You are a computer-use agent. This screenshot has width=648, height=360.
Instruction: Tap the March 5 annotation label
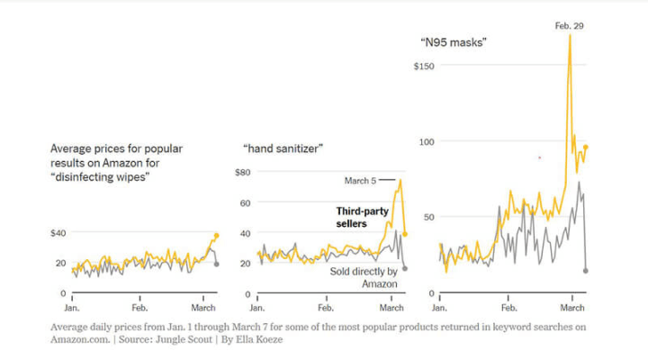[x=360, y=181]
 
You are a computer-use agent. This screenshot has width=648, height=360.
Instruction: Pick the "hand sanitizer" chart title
[x=283, y=147]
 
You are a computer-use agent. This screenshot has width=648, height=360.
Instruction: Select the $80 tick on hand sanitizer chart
[x=242, y=172]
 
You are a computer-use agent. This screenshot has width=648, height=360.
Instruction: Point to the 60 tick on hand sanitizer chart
[x=244, y=202]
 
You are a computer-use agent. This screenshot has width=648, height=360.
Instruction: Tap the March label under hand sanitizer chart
[x=392, y=308]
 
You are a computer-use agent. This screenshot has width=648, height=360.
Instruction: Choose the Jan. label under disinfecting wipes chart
[x=73, y=308]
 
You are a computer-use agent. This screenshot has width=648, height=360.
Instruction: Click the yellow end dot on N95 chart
[x=586, y=147]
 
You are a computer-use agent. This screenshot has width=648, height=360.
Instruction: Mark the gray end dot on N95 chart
[x=586, y=270]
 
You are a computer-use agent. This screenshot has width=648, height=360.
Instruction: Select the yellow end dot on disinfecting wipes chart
[x=216, y=236]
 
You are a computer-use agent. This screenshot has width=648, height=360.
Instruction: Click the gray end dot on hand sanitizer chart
[x=404, y=268]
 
